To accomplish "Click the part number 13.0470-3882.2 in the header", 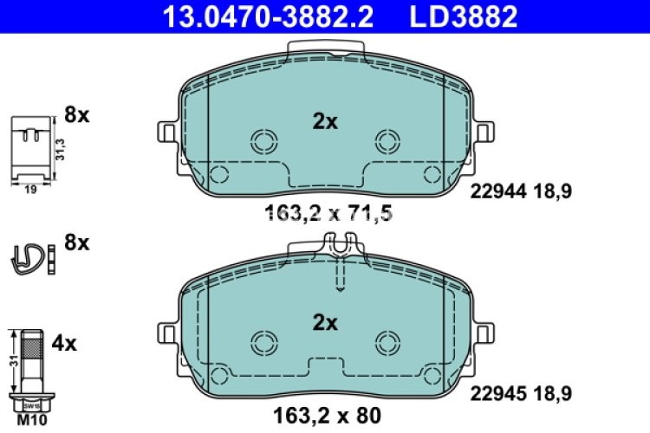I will [265, 15].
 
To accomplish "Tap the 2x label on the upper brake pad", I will [324, 122].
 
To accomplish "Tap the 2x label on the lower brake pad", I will [324, 323].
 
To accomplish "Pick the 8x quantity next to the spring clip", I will [77, 243].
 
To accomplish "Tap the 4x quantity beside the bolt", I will [64, 344].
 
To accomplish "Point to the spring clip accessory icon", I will [29, 257].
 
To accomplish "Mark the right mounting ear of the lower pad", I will [482, 333].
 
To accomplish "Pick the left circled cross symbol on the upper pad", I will [261, 140].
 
